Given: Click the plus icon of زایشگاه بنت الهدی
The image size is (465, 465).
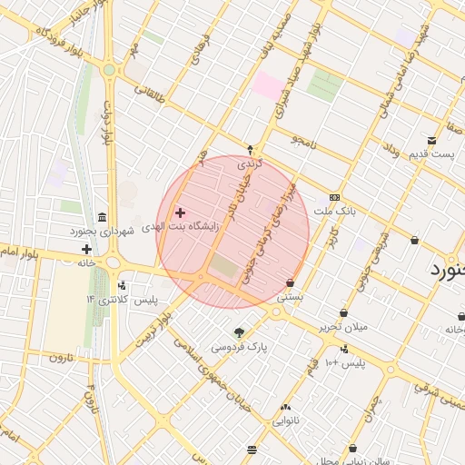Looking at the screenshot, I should pos(180,213).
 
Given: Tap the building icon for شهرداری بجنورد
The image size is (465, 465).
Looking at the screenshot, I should pos(101,219).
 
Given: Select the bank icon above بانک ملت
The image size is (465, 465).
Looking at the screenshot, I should pos(334,197).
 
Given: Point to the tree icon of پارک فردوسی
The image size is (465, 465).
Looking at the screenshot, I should pos(240,332).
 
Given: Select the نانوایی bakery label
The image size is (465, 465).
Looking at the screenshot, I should pos(286,420).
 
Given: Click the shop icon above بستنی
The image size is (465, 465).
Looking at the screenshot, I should pos(290,282).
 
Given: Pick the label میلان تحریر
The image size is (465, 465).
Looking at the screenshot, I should pos(342,326).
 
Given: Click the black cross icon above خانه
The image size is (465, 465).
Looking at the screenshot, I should pos(86,249).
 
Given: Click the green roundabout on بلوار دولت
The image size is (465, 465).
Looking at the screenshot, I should pos(109,69).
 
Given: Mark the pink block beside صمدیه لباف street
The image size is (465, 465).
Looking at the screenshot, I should pos(267,86).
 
